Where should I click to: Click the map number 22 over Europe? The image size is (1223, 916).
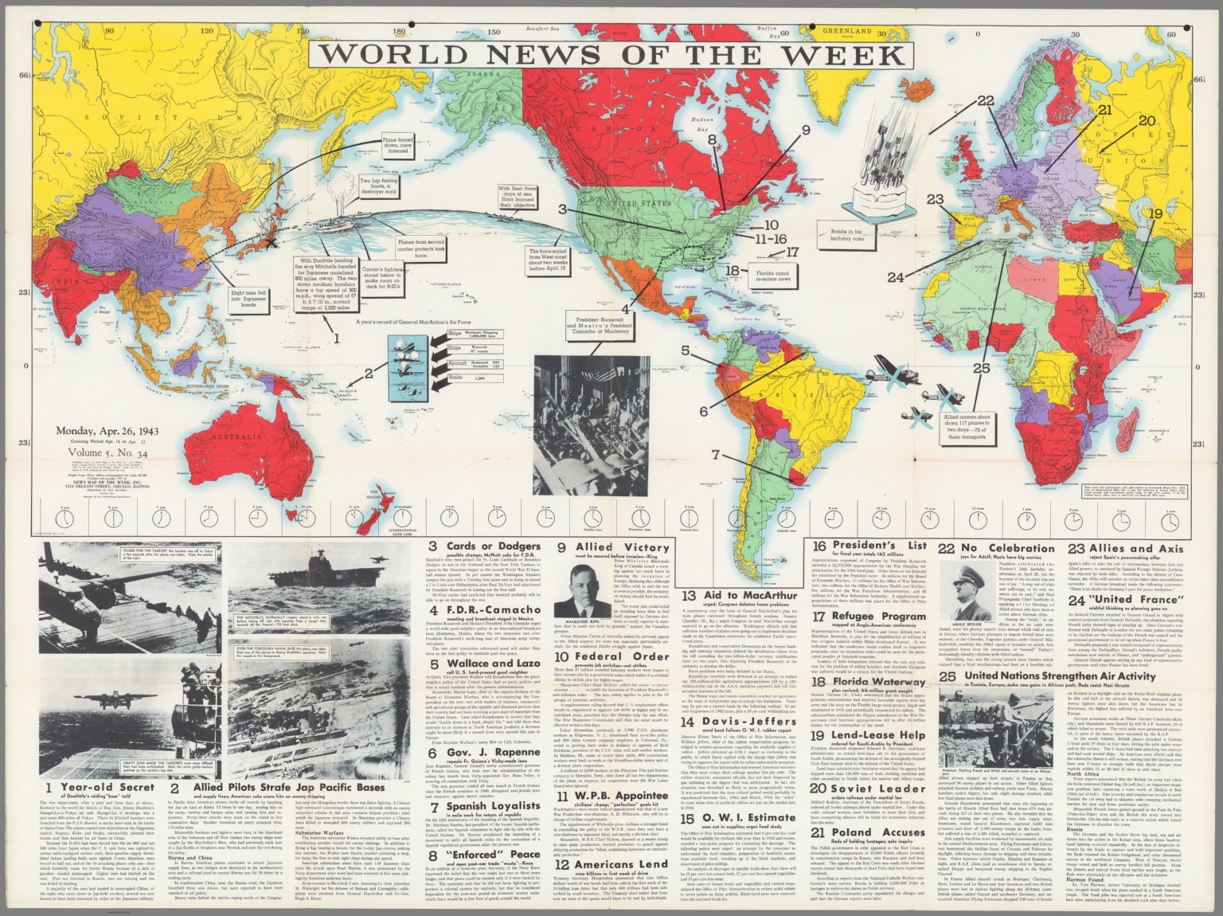[x=986, y=101]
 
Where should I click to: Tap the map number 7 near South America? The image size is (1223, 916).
[x=716, y=455]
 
